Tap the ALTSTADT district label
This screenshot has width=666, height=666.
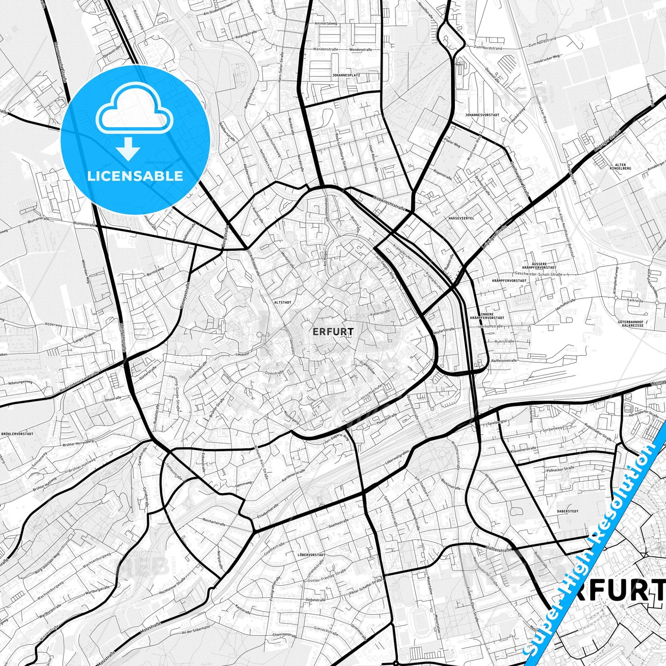point(283,302)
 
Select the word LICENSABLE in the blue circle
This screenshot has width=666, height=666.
point(135,176)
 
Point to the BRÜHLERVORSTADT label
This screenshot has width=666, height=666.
point(17,434)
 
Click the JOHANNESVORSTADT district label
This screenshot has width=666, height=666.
point(482,115)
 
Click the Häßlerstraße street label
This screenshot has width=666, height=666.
point(499,548)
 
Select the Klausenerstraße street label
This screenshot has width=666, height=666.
point(524,449)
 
